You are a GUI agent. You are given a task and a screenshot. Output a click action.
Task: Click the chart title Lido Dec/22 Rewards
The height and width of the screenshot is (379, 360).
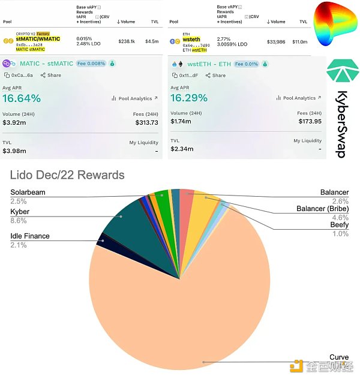67,175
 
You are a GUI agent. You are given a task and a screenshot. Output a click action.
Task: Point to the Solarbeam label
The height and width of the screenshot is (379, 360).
28,192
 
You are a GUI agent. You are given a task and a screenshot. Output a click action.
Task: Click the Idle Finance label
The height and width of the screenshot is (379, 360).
30,236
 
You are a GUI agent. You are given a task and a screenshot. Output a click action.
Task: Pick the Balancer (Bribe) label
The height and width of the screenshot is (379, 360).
322,209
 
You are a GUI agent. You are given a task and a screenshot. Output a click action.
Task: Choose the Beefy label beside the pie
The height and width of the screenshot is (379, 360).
338,225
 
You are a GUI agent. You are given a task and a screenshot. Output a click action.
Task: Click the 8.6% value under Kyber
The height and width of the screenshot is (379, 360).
19,221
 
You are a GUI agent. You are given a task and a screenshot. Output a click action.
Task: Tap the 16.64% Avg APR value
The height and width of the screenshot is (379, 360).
22,98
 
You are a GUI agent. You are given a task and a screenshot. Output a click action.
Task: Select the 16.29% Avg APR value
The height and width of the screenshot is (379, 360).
189,98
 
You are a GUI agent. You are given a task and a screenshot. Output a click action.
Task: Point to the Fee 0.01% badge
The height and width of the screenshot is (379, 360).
246,64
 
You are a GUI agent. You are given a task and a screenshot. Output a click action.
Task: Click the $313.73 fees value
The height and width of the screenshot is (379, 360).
146,122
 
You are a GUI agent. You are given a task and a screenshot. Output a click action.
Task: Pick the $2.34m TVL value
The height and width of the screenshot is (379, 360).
184,149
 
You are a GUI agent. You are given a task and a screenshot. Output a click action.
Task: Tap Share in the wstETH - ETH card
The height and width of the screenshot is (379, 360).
215,76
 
